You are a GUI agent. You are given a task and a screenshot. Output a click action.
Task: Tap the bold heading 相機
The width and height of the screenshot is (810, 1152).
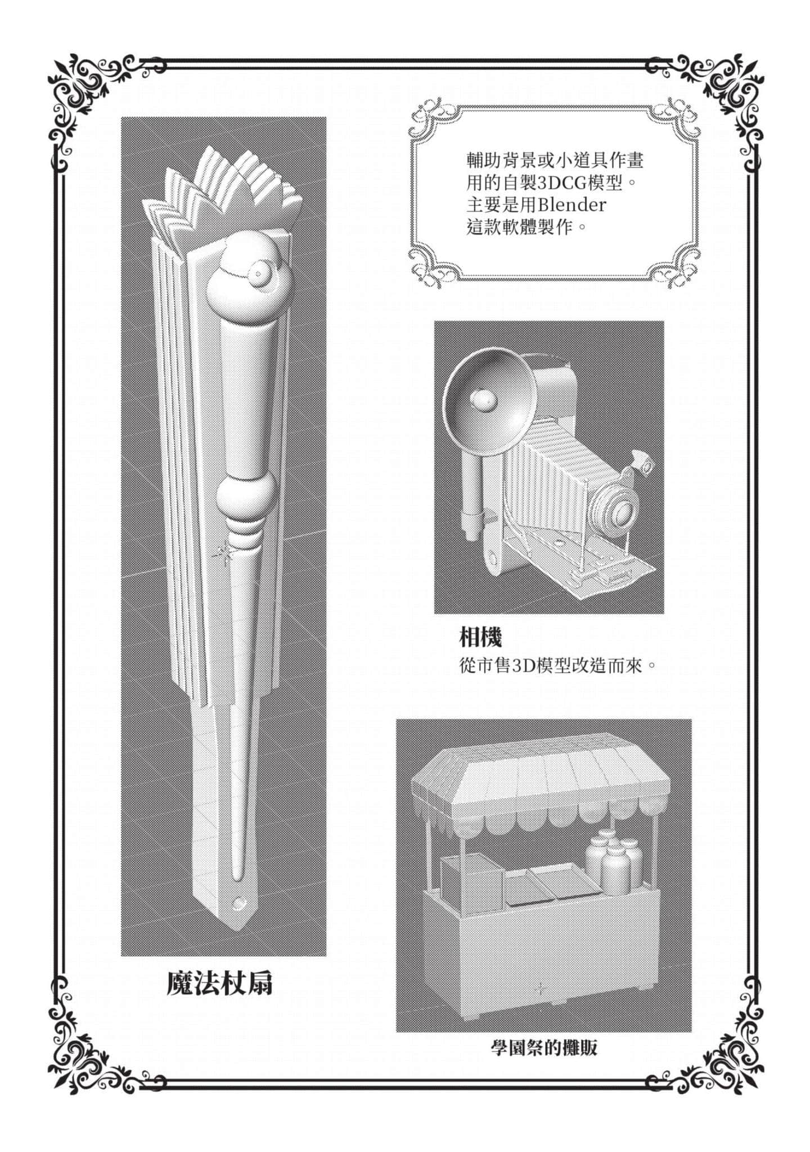pyautogui.click(x=480, y=637)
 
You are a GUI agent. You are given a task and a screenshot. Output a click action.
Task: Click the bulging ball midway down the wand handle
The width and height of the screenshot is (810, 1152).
pyautogui.click(x=245, y=498)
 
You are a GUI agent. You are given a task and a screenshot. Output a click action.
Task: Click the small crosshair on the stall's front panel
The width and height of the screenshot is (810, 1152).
pyautogui.click(x=541, y=988)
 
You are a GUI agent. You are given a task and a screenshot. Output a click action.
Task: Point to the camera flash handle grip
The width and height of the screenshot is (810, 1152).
pyautogui.click(x=472, y=489)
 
